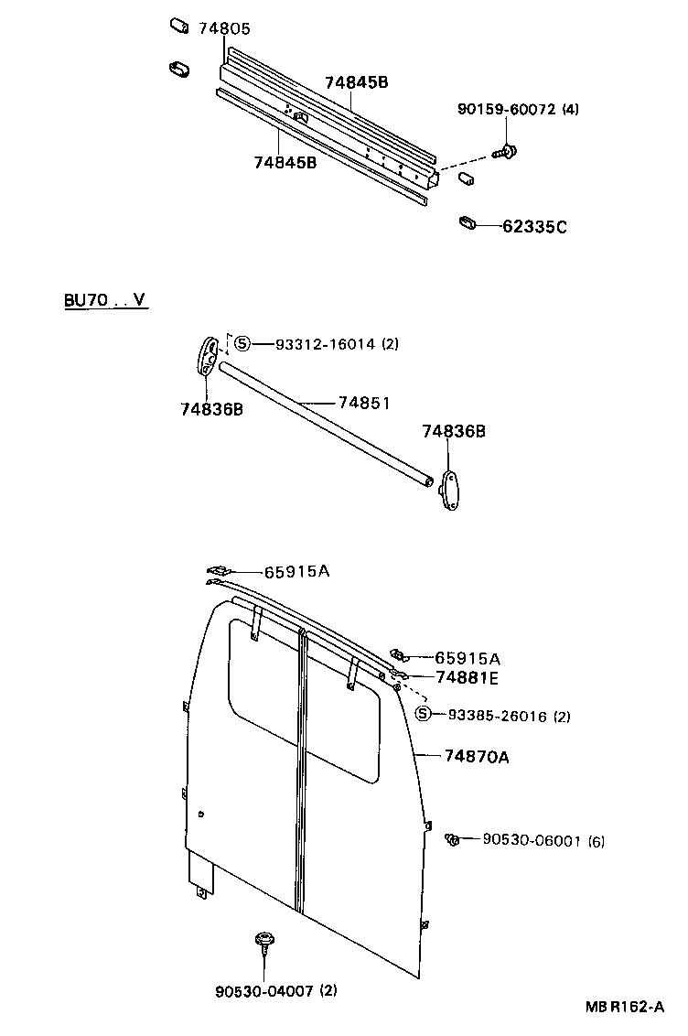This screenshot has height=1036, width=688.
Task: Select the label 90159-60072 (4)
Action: pos(518,110)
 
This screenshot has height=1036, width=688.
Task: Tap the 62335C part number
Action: pos(534,226)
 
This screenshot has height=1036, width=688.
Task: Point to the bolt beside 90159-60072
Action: pos(504,151)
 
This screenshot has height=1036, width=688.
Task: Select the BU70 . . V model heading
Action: pos(105,300)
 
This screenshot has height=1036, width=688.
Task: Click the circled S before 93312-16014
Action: pos(242,344)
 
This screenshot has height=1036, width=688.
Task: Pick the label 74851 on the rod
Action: pos(364,402)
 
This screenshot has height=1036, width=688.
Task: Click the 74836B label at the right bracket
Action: pos(453,431)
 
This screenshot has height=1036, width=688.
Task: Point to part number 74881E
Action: pos(468,677)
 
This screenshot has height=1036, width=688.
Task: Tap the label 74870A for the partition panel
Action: pos(477,756)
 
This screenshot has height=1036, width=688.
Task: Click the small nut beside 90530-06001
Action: pos(452,838)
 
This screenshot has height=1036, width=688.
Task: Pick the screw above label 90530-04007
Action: pos(265,942)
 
